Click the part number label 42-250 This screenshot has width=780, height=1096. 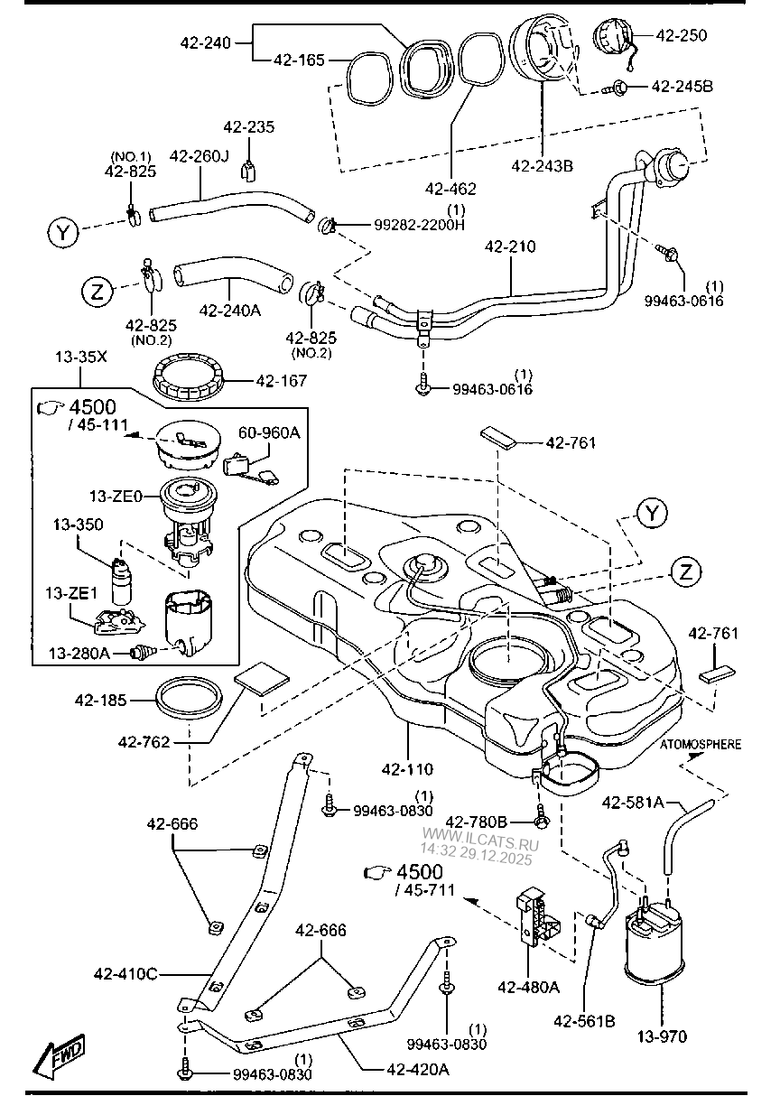tap(682, 35)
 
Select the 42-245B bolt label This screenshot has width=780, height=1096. tap(682, 87)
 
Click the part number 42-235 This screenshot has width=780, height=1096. tap(249, 127)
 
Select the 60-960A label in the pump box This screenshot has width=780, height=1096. tap(269, 433)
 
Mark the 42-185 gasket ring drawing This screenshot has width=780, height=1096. tap(190, 699)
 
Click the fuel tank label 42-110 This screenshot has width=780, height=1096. tap(407, 770)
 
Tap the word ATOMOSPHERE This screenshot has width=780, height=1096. tap(701, 745)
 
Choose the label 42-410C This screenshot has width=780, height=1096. tap(125, 973)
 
